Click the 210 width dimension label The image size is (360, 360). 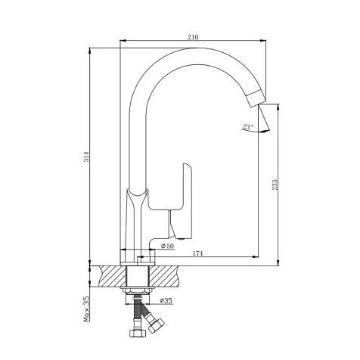click(193, 37)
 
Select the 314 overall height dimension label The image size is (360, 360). click(87, 157)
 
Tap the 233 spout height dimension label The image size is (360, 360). click(275, 185)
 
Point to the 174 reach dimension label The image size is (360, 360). click(197, 253)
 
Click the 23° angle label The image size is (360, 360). click(248, 126)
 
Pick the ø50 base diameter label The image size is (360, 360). click(167, 246)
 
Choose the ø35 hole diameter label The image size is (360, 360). click(166, 300)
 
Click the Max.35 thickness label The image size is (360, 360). click(86, 309)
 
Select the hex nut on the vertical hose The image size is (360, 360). click(138, 333)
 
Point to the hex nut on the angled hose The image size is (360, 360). click(157, 325)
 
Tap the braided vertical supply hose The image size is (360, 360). click(138, 311)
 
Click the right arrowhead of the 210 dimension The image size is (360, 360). click(263, 40)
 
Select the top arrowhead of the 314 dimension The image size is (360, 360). click(90, 51)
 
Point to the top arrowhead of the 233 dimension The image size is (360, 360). click(278, 107)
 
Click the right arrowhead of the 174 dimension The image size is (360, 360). click(256, 257)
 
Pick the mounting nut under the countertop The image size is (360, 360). click(138, 290)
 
